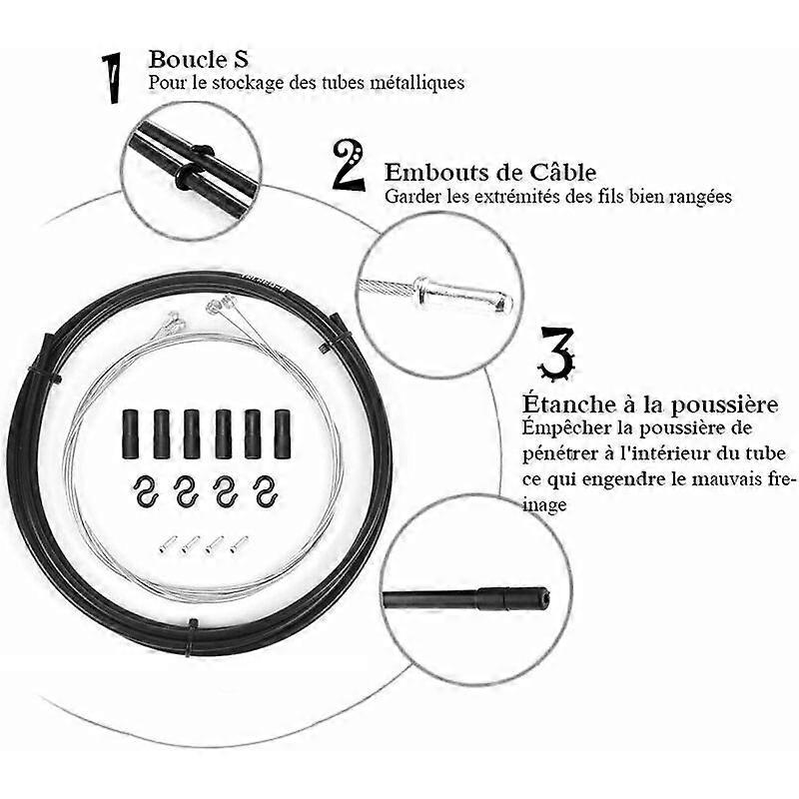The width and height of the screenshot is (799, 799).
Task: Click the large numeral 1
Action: pos(113,79)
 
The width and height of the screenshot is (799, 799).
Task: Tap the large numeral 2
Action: pos(349,166)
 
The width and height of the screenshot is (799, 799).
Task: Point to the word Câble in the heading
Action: pos(563,172)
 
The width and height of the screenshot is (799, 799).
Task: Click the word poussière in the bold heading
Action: pos(724,404)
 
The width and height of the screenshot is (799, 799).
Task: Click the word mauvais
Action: pos(718,479)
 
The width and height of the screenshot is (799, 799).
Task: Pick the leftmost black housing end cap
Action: pos(130,433)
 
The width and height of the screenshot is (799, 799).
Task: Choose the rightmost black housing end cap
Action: pos(283,433)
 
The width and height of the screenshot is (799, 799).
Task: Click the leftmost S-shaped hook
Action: pos(146,491)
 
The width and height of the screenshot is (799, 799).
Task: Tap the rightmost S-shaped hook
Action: pos(266,491)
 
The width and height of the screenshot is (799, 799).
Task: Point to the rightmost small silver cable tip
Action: pos(239,543)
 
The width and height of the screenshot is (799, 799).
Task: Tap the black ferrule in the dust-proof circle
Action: pos(513,597)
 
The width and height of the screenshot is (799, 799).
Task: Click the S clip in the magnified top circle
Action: pos(195,167)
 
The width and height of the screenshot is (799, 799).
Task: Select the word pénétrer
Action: pos(559,453)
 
